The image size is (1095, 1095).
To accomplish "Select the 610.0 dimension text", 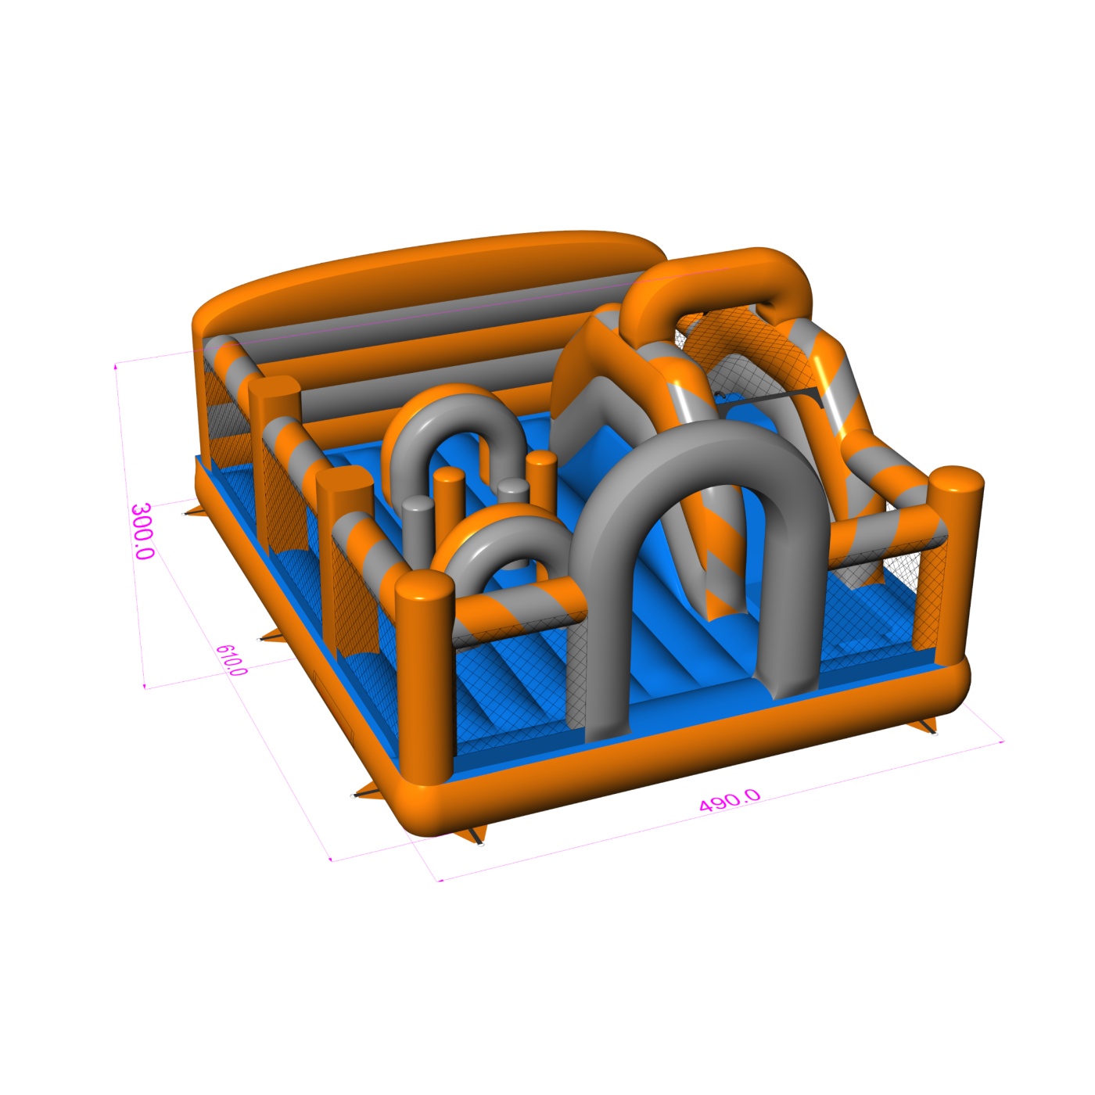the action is coord(232,659).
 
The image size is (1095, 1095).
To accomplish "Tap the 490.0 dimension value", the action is coord(730,800).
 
